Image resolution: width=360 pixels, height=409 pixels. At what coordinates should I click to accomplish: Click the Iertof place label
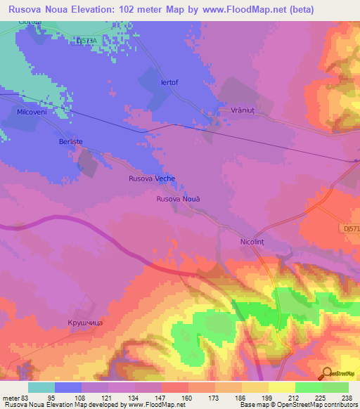169,82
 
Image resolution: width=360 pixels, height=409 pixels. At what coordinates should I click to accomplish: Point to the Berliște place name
70,141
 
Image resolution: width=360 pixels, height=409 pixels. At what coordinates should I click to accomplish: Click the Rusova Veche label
151,178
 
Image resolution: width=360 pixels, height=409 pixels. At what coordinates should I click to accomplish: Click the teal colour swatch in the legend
41,387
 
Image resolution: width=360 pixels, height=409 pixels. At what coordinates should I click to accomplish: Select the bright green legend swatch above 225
308,387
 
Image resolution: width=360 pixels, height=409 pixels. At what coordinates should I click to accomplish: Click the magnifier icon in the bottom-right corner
326,372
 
